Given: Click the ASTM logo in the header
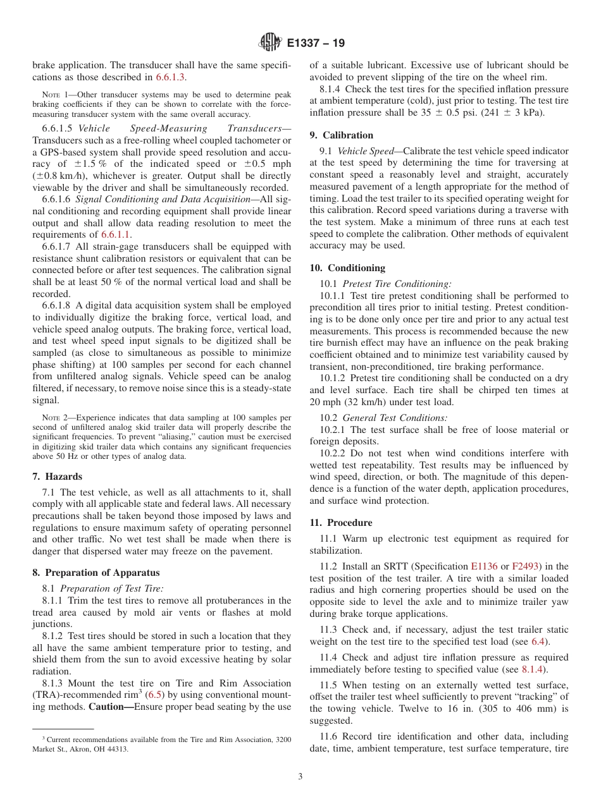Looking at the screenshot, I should (271, 43).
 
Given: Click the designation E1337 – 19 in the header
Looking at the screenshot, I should (315, 44).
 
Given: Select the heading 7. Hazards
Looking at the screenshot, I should (57, 477).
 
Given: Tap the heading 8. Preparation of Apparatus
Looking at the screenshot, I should (96, 573).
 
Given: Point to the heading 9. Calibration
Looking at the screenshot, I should (341, 135).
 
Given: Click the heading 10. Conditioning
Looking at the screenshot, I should (347, 268).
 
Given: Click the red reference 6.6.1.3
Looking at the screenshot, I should (171, 77).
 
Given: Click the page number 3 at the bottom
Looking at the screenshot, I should (300, 776).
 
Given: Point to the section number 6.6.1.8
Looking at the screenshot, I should (59, 305).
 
